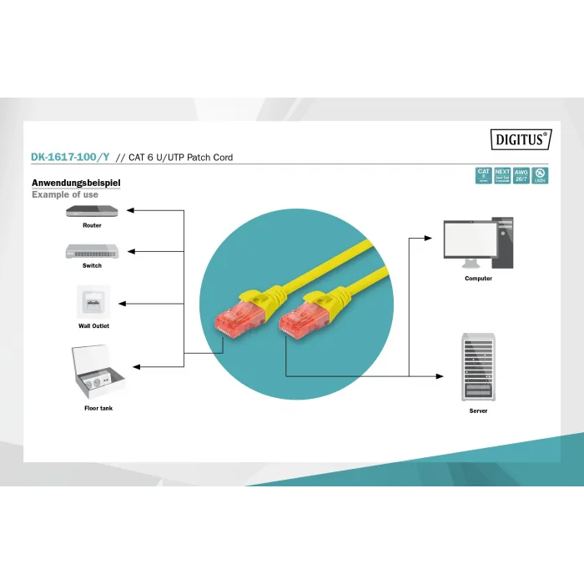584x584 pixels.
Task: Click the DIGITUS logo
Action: (x=521, y=140)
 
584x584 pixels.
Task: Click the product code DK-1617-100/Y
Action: (x=70, y=157)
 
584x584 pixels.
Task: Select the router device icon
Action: (x=92, y=211)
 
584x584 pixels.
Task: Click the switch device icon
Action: (x=92, y=251)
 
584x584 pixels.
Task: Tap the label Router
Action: (x=92, y=225)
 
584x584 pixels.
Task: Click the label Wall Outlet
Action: (x=93, y=326)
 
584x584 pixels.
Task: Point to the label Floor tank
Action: (x=98, y=408)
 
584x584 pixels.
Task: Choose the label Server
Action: (x=478, y=410)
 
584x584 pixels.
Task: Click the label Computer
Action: (x=478, y=278)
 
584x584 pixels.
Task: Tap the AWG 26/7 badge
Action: (x=521, y=175)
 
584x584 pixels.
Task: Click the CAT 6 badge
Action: (x=483, y=175)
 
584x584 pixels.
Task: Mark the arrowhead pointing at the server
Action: (x=441, y=376)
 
